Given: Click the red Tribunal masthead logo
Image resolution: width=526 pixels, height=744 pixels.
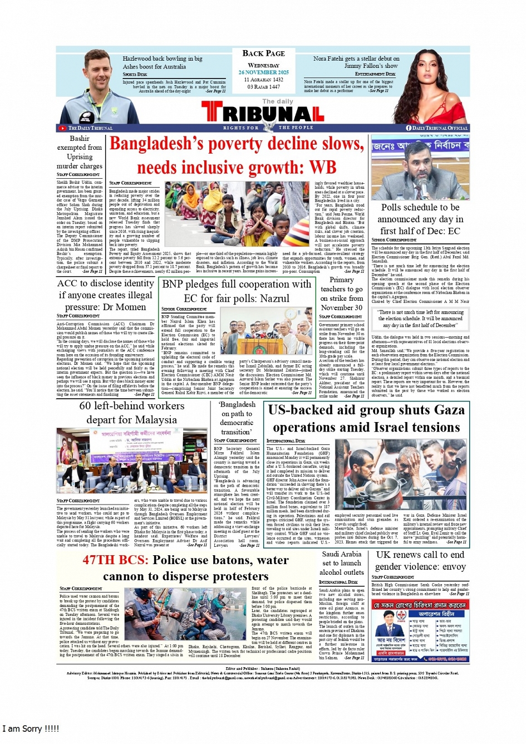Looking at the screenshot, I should tap(262, 114).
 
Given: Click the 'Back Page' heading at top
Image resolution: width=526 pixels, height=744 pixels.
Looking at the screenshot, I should tap(263, 53).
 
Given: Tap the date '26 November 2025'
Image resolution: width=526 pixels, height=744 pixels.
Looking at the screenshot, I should tap(263, 72).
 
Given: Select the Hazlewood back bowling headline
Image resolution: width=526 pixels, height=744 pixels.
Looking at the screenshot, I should tap(162, 62).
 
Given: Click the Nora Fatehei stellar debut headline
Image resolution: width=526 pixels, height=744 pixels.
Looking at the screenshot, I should tap(356, 62).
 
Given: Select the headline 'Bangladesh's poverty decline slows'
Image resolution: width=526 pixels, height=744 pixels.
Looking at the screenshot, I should tap(237, 155).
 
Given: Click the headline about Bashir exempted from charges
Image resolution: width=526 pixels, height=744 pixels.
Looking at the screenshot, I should tap(80, 152).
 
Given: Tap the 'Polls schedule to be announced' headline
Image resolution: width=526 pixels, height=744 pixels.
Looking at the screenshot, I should tap(420, 219).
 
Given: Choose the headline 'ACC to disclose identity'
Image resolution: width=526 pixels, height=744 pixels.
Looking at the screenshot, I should tap(106, 295).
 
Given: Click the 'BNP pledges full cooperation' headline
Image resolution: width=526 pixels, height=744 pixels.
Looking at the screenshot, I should tap(237, 291).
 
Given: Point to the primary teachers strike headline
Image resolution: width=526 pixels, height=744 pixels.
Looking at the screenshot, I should tap(341, 293).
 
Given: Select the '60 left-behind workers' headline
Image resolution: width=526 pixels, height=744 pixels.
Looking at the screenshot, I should tap(131, 413).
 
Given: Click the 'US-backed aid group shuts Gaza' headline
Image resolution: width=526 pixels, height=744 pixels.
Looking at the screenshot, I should tap(366, 418).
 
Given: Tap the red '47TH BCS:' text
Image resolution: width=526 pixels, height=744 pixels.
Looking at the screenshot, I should tap(115, 560).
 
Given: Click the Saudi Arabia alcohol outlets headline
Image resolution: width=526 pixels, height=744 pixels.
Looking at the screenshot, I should tap(341, 563).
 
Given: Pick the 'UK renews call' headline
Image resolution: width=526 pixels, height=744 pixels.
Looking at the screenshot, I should tap(420, 561).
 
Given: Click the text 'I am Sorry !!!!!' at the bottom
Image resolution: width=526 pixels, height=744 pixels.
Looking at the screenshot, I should tap(31, 728).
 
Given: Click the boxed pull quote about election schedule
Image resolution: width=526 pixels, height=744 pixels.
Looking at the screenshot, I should tap(420, 319).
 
